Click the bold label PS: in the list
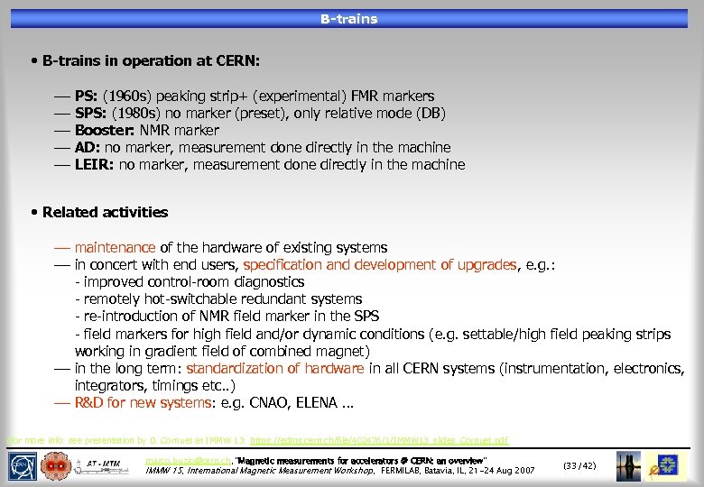(87, 96)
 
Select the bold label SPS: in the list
(91, 113)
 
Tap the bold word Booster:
(105, 130)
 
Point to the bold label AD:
(88, 147)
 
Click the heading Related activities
(105, 212)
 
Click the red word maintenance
(115, 247)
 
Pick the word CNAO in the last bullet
(274, 402)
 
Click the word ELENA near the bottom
(319, 402)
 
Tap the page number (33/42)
(579, 465)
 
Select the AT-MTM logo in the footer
(107, 466)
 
